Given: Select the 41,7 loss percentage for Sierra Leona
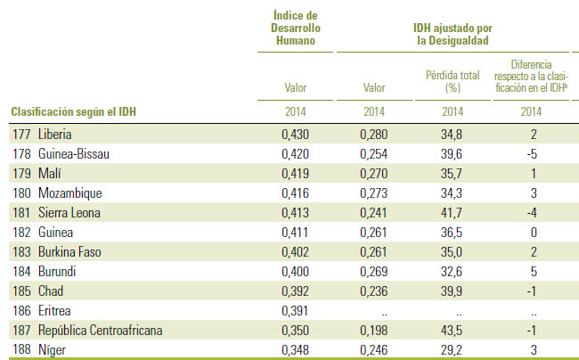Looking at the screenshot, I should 453,211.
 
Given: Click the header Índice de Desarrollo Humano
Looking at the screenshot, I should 295,28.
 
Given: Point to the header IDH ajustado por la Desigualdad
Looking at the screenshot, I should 453,34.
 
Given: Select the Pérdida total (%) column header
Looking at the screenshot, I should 453,82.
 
